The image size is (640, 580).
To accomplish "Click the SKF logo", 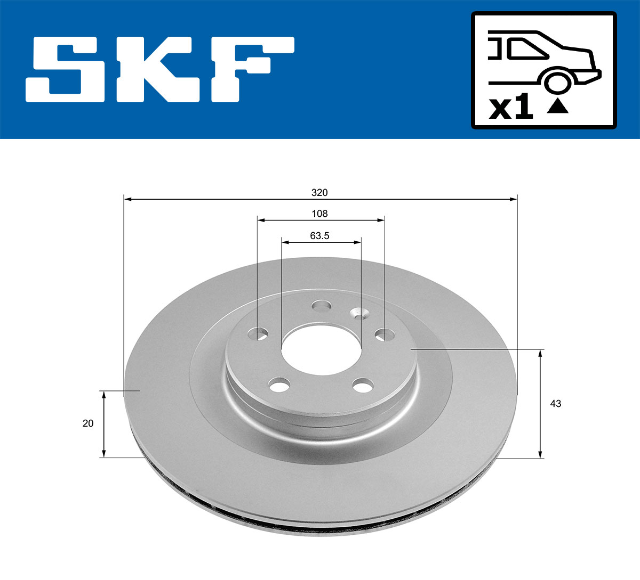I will pyautogui.click(x=160, y=69).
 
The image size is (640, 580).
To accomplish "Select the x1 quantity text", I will pyautogui.click(x=511, y=108).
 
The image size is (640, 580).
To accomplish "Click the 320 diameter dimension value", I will pyautogui.click(x=320, y=192).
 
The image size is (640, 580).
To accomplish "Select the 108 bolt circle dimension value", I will pyautogui.click(x=320, y=214).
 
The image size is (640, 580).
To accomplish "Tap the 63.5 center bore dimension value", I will pyautogui.click(x=320, y=235).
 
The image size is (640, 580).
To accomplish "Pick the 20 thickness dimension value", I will pyautogui.click(x=88, y=423).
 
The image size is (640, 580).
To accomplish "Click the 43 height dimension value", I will pyautogui.click(x=555, y=404).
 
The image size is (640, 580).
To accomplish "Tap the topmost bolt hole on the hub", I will pyautogui.click(x=322, y=306).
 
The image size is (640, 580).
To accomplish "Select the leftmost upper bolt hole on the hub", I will pyautogui.click(x=259, y=334).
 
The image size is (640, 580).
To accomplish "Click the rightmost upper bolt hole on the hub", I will pyautogui.click(x=385, y=334).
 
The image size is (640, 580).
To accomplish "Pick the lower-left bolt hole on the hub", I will pyautogui.click(x=279, y=385).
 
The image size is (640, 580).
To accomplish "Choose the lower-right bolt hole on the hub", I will pyautogui.click(x=363, y=385).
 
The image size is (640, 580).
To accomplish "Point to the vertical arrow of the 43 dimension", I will pyautogui.click(x=541, y=404).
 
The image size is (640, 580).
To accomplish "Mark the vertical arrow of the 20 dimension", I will pyautogui.click(x=104, y=423).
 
